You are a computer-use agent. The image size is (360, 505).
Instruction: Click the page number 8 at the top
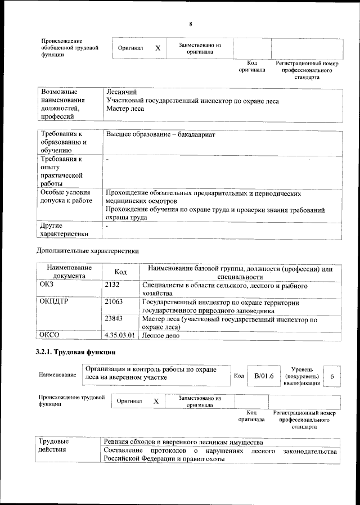pyautogui.click(x=191, y=24)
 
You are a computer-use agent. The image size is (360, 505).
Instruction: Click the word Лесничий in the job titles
pyautogui.click(x=121, y=92)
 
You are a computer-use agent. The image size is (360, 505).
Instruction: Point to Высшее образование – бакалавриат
pyautogui.click(x=160, y=135)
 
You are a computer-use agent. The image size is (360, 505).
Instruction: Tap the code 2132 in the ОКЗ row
pyautogui.click(x=112, y=286)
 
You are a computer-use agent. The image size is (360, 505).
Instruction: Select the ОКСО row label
pyautogui.click(x=50, y=335)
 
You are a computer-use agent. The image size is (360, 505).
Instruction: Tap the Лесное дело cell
pyautogui.click(x=161, y=335)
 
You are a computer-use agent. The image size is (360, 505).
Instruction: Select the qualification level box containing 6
pyautogui.click(x=332, y=376)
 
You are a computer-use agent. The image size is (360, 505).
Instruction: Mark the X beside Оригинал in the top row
pyautogui.click(x=158, y=48)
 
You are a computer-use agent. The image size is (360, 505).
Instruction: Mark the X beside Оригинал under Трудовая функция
pyautogui.click(x=156, y=401)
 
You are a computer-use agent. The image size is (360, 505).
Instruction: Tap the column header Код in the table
pyautogui.click(x=120, y=272)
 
